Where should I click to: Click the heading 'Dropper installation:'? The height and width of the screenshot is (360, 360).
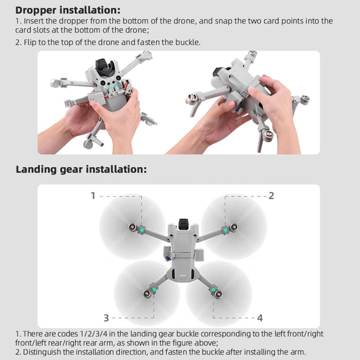click(68, 10)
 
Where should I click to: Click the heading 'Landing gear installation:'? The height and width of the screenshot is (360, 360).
click(81, 170)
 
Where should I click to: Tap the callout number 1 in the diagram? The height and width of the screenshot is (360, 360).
click(93, 196)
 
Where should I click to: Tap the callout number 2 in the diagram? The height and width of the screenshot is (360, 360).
click(271, 196)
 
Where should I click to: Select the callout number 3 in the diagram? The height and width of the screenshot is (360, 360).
click(106, 318)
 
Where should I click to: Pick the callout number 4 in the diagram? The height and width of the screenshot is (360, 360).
click(260, 318)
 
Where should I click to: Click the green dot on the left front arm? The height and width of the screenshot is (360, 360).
click(142, 230)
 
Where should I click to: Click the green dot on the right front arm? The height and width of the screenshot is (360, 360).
click(226, 230)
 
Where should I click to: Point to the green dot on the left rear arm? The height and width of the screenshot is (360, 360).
click(154, 290)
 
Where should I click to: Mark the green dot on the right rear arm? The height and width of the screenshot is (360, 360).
click(213, 290)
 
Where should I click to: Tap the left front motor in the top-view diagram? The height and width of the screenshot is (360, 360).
click(132, 227)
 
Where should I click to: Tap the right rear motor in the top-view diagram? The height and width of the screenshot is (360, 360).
click(218, 294)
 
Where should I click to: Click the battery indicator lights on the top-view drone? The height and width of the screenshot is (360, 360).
click(183, 275)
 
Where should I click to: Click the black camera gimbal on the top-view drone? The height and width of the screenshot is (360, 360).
click(184, 224)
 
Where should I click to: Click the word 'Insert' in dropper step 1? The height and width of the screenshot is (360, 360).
click(34, 21)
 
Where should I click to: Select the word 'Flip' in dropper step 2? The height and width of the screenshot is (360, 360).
click(30, 42)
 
